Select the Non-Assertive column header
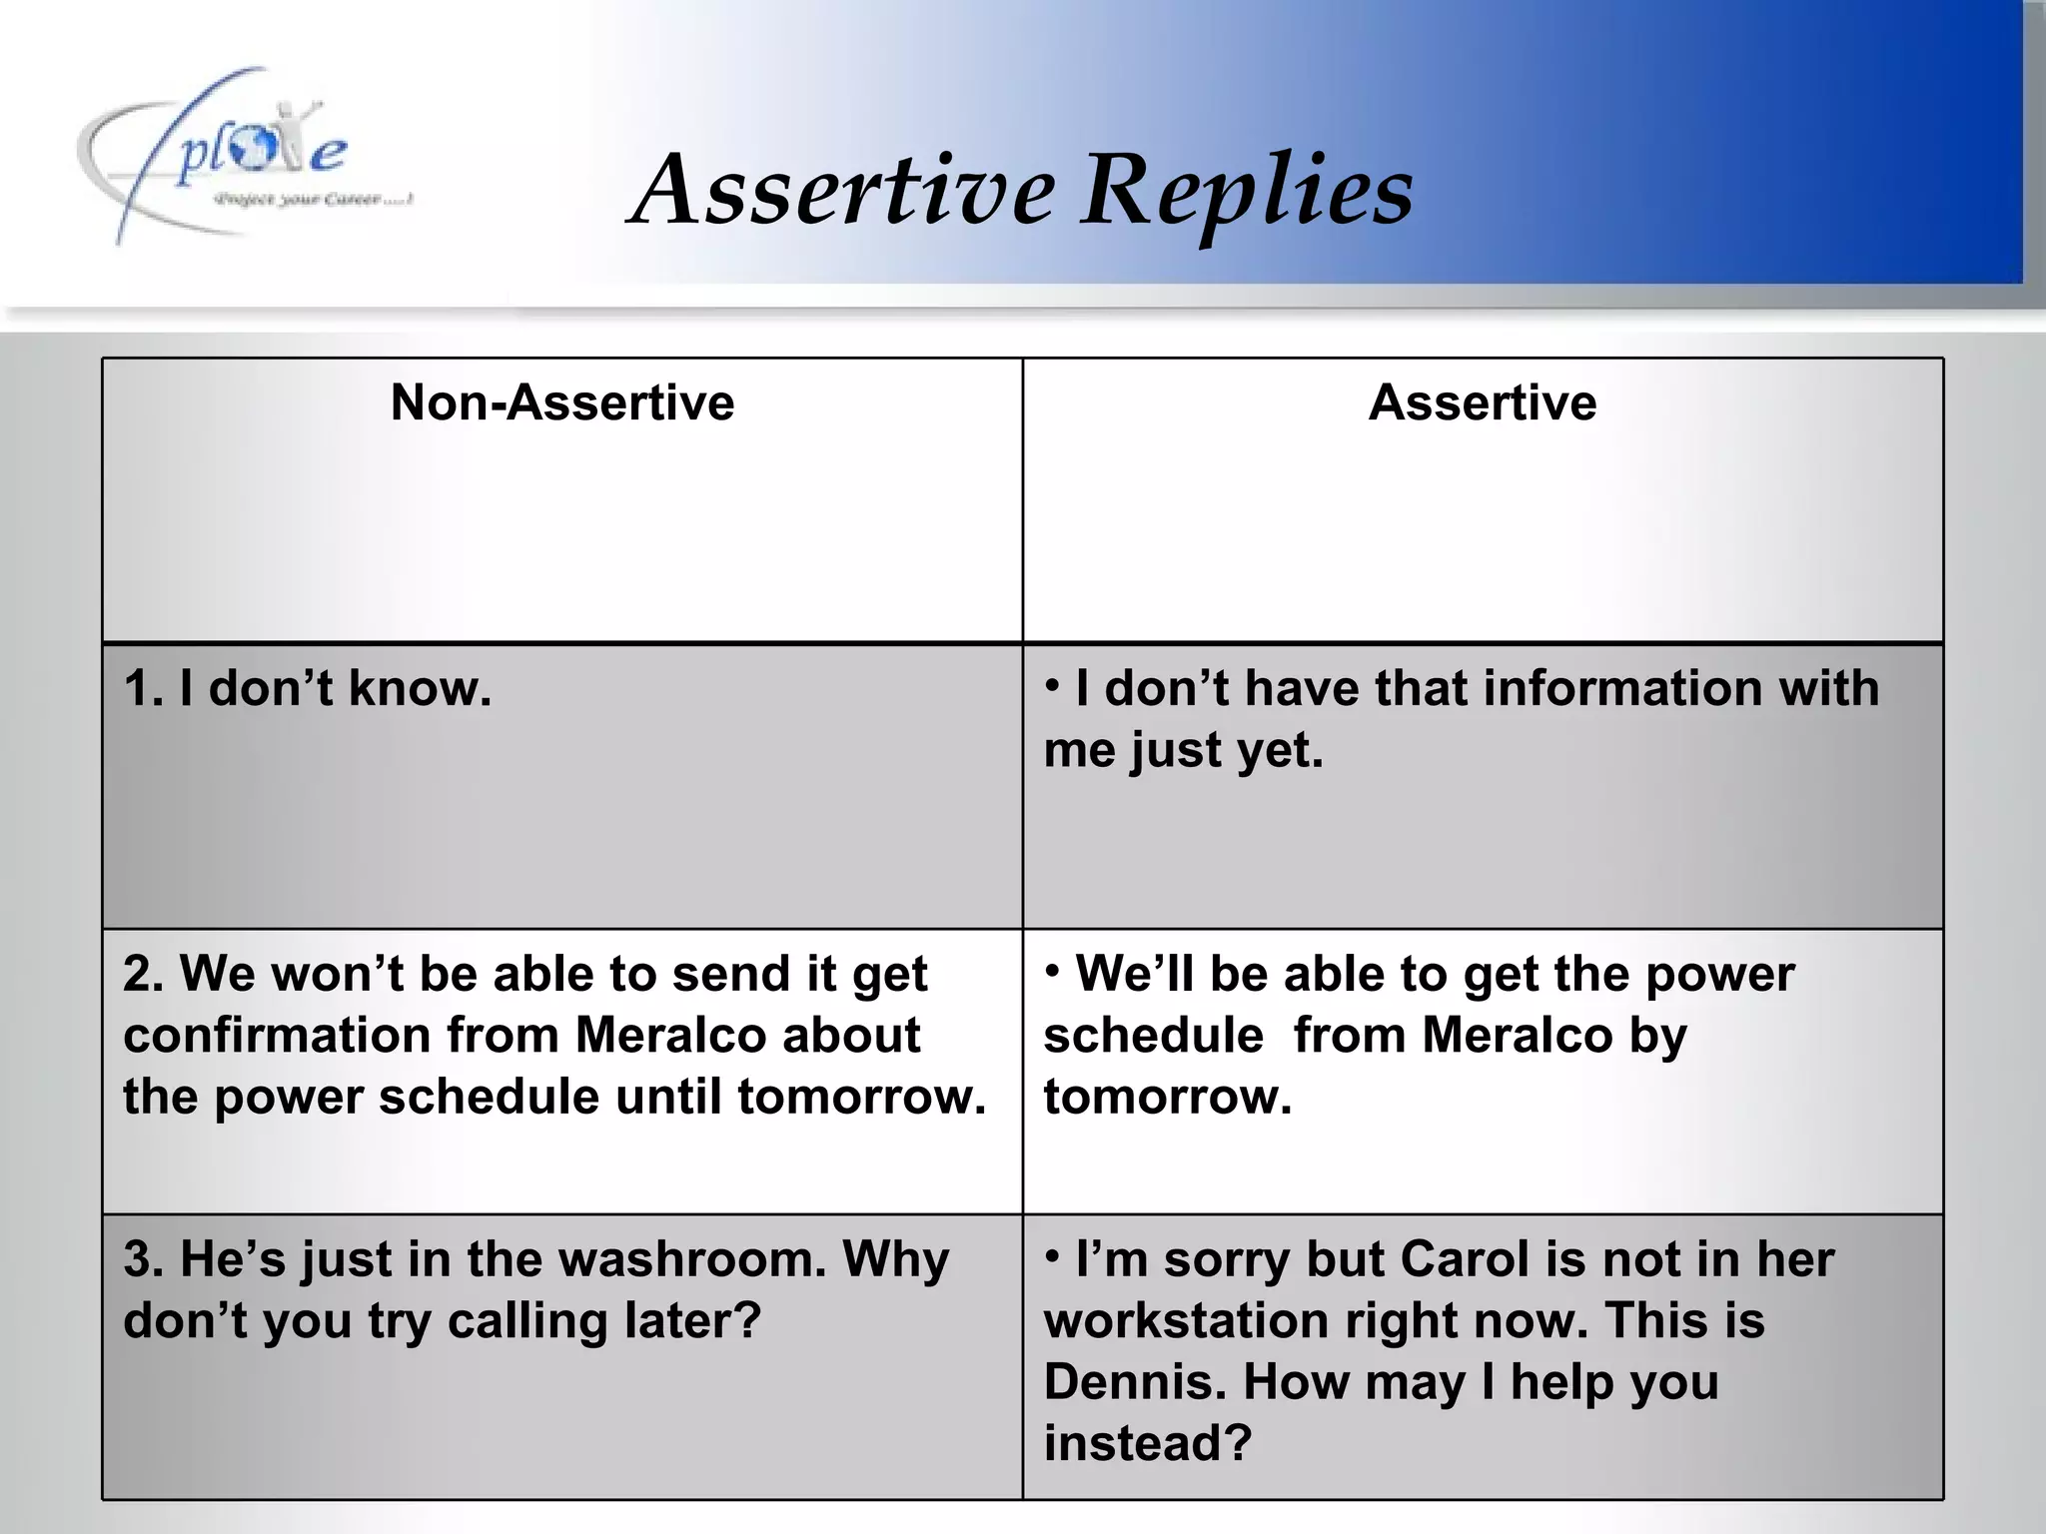coord(562,402)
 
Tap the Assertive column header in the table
coord(1483,402)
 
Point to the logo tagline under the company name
coord(312,200)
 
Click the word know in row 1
coord(420,688)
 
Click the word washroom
coord(692,1259)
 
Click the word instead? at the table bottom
coord(1148,1443)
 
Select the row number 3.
coord(140,1259)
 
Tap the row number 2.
coord(140,974)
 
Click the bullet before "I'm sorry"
coord(1052,1255)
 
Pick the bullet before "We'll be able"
coord(1052,970)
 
